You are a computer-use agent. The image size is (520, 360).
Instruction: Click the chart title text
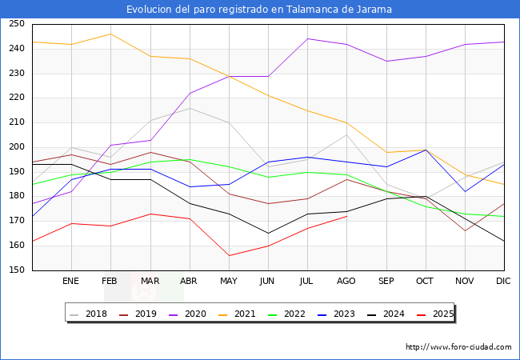point(259,10)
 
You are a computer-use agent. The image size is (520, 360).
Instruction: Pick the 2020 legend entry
point(198,314)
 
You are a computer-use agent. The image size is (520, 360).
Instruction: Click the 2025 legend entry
point(442,314)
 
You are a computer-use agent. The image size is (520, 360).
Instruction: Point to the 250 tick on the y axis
point(16,24)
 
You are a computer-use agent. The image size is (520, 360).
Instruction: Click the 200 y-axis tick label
point(16,147)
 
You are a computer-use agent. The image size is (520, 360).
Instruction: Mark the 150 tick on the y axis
point(16,270)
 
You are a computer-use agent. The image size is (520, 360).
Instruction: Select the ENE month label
point(71,282)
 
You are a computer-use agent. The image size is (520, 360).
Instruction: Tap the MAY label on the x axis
point(229,282)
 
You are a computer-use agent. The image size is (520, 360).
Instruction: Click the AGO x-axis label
point(346,282)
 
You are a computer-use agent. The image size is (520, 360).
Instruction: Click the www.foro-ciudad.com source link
point(458,347)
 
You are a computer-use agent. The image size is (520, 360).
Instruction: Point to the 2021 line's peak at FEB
point(110,34)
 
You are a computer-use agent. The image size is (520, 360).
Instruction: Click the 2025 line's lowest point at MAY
point(229,255)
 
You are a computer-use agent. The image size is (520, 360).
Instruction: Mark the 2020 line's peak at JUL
point(307,38)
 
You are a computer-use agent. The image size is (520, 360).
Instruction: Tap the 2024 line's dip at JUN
point(268,233)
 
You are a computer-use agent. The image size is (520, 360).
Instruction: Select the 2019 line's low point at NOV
point(465,230)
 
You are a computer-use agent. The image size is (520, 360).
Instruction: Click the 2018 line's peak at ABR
point(190,108)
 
